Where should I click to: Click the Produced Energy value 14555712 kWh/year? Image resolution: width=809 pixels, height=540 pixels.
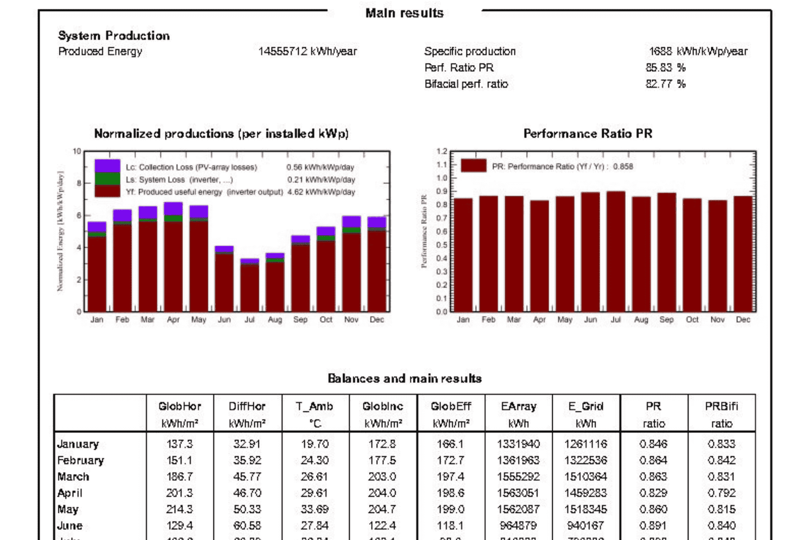click(x=307, y=52)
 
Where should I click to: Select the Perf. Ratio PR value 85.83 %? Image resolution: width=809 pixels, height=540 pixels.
click(x=665, y=68)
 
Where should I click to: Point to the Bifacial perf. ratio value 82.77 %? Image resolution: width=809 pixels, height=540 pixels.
click(x=665, y=84)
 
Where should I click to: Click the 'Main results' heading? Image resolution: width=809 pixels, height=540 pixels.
click(x=404, y=13)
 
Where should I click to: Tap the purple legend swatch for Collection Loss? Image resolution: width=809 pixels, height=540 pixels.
click(x=107, y=166)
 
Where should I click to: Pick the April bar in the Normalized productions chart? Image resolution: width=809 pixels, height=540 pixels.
click(x=173, y=258)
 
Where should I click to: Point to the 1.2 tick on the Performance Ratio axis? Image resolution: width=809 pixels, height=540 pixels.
click(x=442, y=151)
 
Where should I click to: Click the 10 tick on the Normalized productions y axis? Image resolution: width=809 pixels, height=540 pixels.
click(x=77, y=151)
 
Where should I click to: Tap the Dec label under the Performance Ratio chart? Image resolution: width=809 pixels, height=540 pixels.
click(x=743, y=320)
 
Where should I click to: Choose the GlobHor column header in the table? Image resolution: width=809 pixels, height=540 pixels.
click(x=179, y=407)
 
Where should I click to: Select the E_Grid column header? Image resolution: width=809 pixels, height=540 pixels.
click(x=586, y=407)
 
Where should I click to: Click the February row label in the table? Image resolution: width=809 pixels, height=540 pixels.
click(x=80, y=461)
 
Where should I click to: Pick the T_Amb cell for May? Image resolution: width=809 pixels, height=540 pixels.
click(x=314, y=509)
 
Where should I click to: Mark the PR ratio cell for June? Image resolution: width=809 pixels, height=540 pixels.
click(x=653, y=526)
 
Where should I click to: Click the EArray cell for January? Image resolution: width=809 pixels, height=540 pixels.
click(x=518, y=444)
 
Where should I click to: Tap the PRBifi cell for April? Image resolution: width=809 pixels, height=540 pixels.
click(x=722, y=493)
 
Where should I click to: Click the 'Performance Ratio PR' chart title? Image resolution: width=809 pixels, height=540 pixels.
click(x=588, y=134)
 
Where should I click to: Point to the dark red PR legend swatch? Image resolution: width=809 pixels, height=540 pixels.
click(x=474, y=166)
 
